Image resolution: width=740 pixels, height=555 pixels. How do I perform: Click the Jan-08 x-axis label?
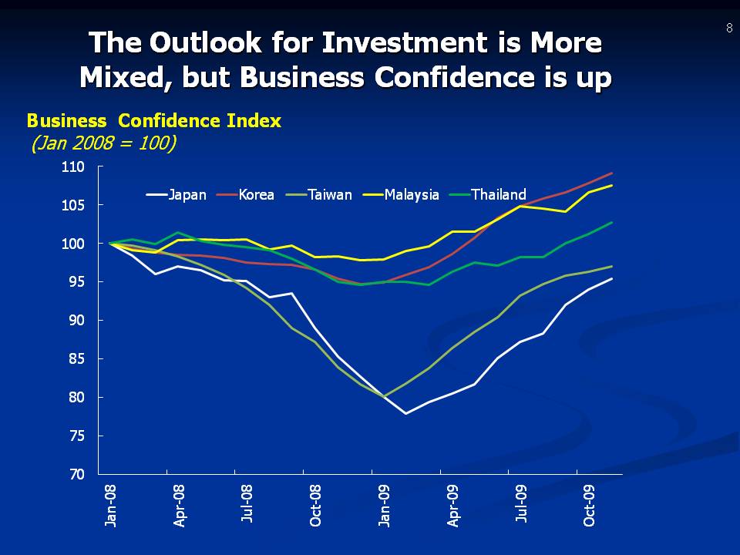(x=112, y=506)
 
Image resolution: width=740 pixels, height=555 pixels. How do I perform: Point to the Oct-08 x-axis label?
(x=316, y=506)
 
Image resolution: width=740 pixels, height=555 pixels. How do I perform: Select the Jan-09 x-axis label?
(x=384, y=506)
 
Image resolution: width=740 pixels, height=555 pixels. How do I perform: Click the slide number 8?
(x=728, y=28)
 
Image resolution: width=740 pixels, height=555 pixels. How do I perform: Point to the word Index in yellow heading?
(x=256, y=121)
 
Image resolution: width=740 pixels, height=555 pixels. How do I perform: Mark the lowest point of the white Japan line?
(x=405, y=414)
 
